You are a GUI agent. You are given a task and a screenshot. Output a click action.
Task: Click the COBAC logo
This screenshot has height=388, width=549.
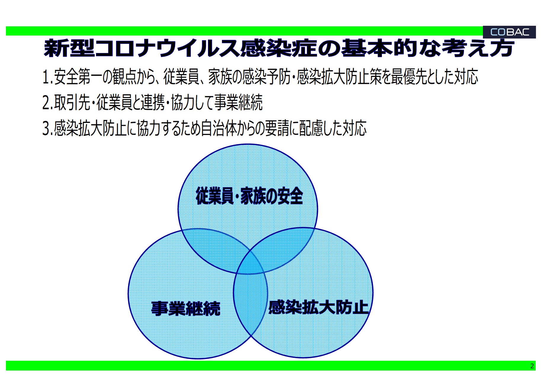click(x=509, y=32)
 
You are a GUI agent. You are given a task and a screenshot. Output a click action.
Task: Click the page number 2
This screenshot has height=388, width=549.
click(x=532, y=366)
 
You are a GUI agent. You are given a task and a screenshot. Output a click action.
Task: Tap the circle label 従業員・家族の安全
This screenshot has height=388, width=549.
click(x=249, y=196)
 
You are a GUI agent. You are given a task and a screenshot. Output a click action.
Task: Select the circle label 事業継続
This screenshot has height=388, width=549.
click(x=186, y=308)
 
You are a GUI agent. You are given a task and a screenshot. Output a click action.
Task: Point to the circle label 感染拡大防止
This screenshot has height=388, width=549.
click(x=318, y=307)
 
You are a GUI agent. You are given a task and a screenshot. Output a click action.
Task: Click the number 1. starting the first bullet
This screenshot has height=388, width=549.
click(x=48, y=77)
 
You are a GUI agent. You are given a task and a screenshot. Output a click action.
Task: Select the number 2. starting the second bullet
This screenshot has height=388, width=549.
click(x=48, y=103)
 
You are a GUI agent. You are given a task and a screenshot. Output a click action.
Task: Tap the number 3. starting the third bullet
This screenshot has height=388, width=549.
click(x=48, y=129)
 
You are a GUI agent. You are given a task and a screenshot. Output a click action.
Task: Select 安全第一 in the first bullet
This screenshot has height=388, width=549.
click(x=78, y=77)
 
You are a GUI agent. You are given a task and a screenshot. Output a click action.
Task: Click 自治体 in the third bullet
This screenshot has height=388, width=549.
click(x=219, y=128)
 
